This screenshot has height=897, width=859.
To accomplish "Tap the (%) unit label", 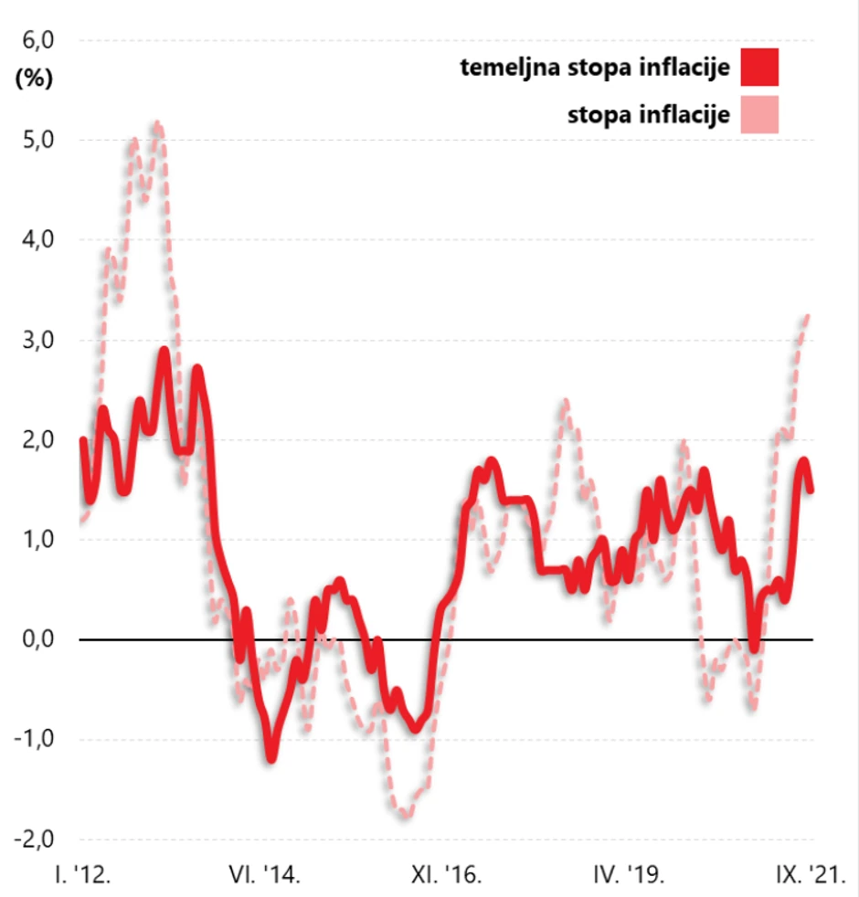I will tap(35, 78).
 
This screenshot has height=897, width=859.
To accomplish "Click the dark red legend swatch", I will tap(759, 68).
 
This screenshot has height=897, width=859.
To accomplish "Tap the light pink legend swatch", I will tap(759, 115).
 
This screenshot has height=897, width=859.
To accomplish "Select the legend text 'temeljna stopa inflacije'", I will tap(594, 68).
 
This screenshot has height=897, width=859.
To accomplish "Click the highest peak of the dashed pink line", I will tap(157, 122).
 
